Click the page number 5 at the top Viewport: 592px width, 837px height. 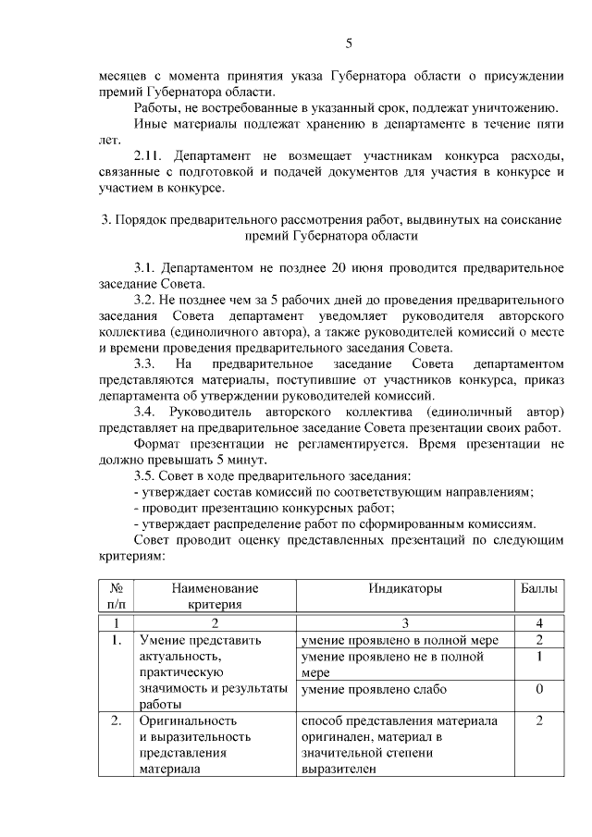349,43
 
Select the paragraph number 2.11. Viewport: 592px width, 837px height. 149,155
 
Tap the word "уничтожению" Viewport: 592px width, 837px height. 513,107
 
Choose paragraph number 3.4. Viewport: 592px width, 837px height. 147,411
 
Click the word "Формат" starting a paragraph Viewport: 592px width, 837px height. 160,443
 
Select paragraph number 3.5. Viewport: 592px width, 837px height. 147,475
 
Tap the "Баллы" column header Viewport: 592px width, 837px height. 537,588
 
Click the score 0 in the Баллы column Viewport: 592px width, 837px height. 538,689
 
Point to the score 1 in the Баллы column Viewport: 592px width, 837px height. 538,657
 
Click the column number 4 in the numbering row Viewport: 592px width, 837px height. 538,622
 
